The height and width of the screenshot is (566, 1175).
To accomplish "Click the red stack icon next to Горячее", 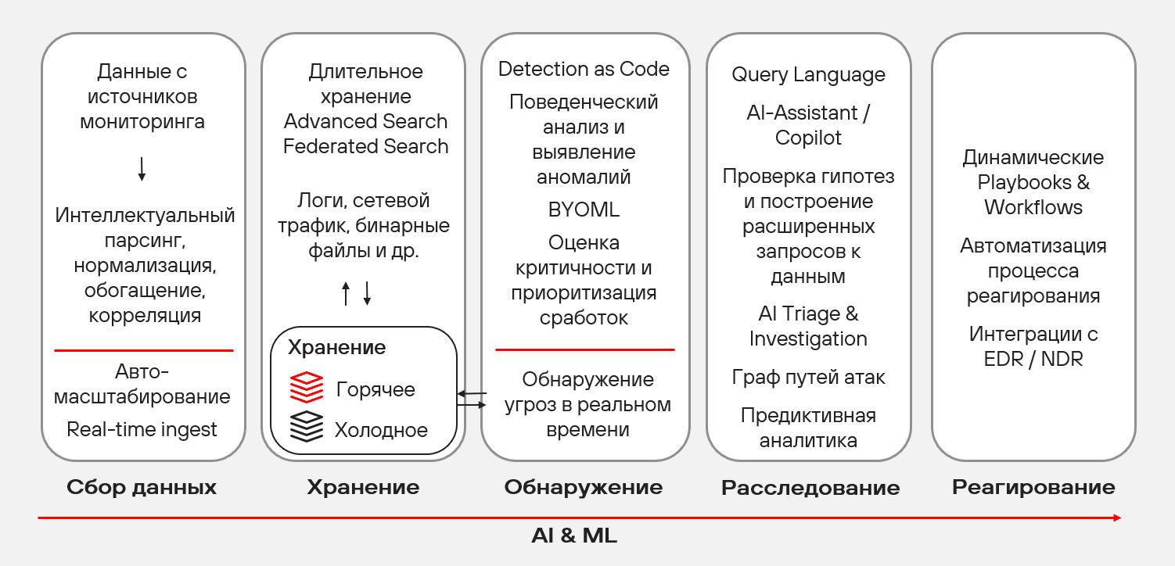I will (307, 388).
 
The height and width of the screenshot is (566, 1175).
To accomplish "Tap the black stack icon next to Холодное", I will (307, 427).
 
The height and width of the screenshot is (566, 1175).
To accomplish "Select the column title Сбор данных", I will (142, 488).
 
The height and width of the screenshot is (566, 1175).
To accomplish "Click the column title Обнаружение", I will (584, 488).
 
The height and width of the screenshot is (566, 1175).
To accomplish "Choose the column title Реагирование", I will (1033, 488).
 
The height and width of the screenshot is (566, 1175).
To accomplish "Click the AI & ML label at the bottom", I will (574, 536).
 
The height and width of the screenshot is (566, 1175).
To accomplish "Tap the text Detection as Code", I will (584, 69).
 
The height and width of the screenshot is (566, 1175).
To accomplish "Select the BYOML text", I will (584, 210).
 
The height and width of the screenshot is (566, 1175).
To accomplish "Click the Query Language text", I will (808, 75).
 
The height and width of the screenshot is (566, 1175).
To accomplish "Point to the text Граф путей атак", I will (808, 377).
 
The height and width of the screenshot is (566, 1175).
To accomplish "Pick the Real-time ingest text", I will (142, 429).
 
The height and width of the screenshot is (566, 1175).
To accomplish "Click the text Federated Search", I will (365, 146).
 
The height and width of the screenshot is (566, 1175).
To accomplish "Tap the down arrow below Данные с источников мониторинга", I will (142, 169).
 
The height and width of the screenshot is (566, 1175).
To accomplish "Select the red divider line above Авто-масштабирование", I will (143, 350).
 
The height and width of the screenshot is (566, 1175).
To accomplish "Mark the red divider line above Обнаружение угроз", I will (584, 349).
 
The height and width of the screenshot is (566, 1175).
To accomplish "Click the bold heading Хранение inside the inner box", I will (336, 347).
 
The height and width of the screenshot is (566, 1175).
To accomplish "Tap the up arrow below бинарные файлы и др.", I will (346, 293).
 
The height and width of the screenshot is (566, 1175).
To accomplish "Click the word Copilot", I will (808, 138).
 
